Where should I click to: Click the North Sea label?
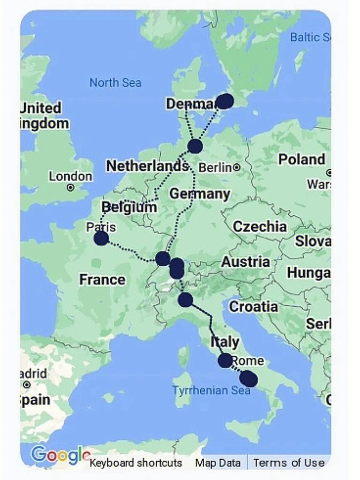click(x=115, y=82)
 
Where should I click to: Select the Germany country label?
click(x=200, y=193)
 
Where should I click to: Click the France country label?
click(x=102, y=279)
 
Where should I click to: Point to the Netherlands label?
click(x=147, y=166)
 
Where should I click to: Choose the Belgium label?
click(x=129, y=207)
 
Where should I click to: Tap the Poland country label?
click(x=302, y=159)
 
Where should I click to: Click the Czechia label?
click(x=259, y=226)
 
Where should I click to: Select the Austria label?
click(x=245, y=262)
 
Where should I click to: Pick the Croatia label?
click(x=253, y=306)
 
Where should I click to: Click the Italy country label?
click(x=225, y=341)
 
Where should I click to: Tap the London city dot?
click(x=70, y=187)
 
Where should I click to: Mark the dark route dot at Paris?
click(x=101, y=239)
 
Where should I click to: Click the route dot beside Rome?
click(x=226, y=361)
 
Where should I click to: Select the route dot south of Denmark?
click(x=195, y=146)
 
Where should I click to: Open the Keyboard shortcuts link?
click(x=136, y=463)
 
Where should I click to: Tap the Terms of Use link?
click(x=289, y=463)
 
